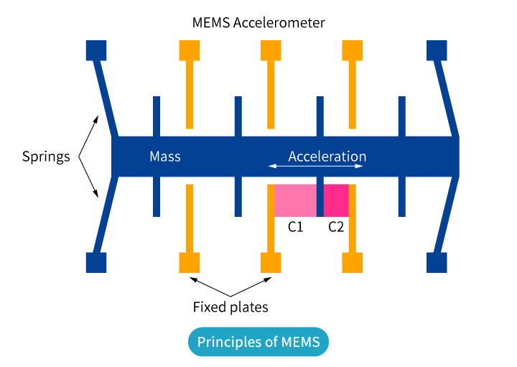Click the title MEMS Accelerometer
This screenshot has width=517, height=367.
[x=258, y=23]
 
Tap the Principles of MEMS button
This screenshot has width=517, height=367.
[x=258, y=341]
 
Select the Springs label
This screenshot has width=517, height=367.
[x=46, y=157]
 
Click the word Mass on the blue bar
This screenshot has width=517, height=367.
[x=164, y=157]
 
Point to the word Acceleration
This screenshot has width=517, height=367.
[x=327, y=157]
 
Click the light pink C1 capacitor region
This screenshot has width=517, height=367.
[x=295, y=200]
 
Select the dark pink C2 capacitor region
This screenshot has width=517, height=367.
[x=336, y=200]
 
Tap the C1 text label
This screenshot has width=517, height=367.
[x=295, y=228]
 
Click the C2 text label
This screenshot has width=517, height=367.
[x=336, y=228]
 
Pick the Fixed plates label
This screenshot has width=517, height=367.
[x=230, y=307]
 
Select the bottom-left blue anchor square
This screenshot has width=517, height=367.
[x=96, y=262]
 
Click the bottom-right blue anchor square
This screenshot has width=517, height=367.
[x=437, y=262]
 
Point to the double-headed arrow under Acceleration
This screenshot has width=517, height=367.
[x=315, y=167]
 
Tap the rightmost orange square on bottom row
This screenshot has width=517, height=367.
[x=353, y=262]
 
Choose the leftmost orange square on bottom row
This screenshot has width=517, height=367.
[x=189, y=262]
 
